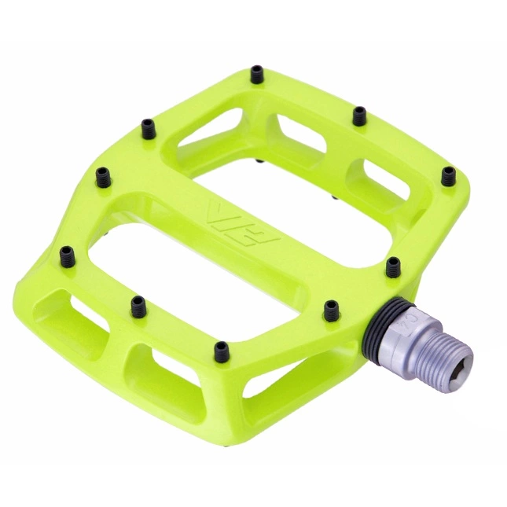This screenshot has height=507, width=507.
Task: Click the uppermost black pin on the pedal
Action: click(257, 74)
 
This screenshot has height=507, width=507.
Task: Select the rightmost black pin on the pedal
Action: click(447, 174)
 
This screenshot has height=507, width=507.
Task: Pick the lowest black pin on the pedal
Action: click(222, 347)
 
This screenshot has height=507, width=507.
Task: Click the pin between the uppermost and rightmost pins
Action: click(359, 116)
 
